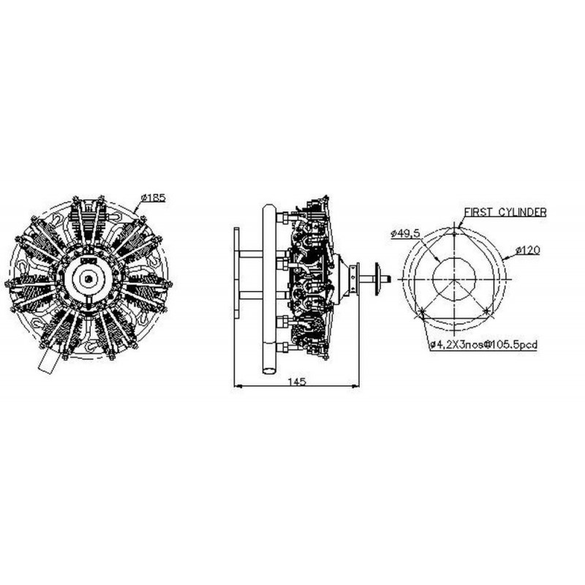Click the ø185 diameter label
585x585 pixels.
[x=154, y=198]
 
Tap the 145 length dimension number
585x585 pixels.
[x=296, y=381]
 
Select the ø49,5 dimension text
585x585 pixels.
[x=405, y=233]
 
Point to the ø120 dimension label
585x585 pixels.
[x=527, y=251]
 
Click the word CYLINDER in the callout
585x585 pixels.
[x=523, y=211]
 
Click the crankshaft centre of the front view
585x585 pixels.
[x=88, y=278]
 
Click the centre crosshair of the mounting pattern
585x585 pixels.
[x=454, y=279]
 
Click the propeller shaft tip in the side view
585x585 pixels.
[x=388, y=279]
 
